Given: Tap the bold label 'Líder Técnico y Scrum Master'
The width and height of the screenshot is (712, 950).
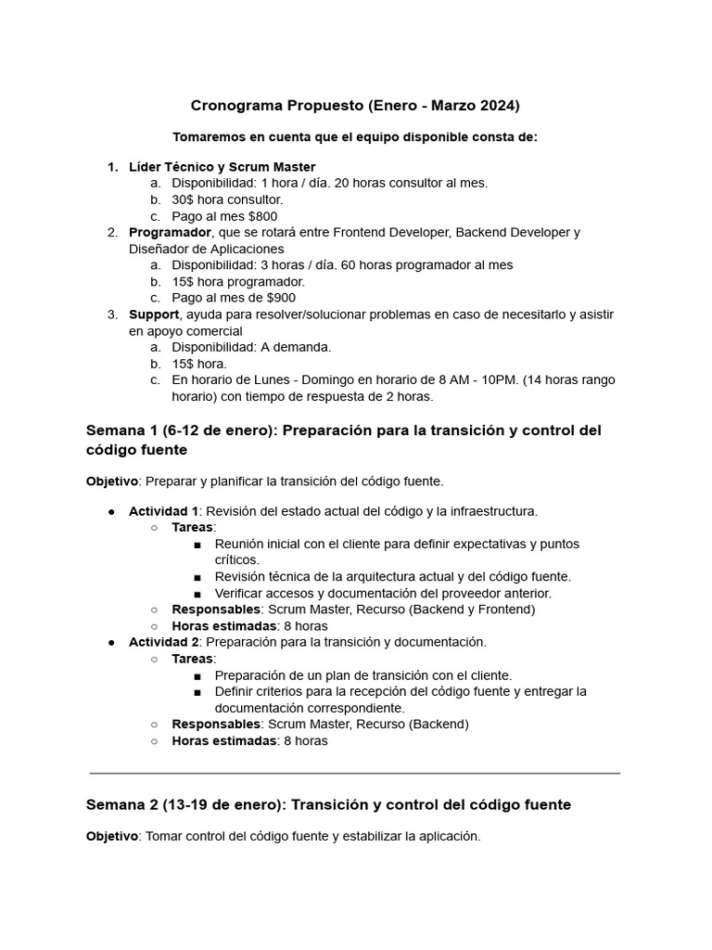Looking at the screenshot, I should pos(222,167).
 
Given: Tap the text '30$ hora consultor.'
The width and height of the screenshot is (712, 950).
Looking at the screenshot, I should pos(228,199).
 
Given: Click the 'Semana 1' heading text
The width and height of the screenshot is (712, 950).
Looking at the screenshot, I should pos(121,430).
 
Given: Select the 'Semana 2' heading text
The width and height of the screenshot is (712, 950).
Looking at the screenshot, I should pos(121,804).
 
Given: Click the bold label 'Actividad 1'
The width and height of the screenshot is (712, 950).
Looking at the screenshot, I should pos(163,511).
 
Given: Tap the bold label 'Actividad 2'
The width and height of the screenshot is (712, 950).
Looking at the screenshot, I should pos(163,642).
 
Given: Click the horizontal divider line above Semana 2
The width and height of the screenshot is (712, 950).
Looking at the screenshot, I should pos(355,772).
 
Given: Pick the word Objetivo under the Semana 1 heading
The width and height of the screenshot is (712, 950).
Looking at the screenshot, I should pos(112,481).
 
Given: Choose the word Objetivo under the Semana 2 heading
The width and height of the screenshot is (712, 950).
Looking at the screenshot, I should pos(112,836).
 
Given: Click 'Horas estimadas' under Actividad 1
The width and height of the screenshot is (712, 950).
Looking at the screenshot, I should pos(224,626).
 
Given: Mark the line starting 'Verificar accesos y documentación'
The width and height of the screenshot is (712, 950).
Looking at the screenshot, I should pos(383,593).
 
